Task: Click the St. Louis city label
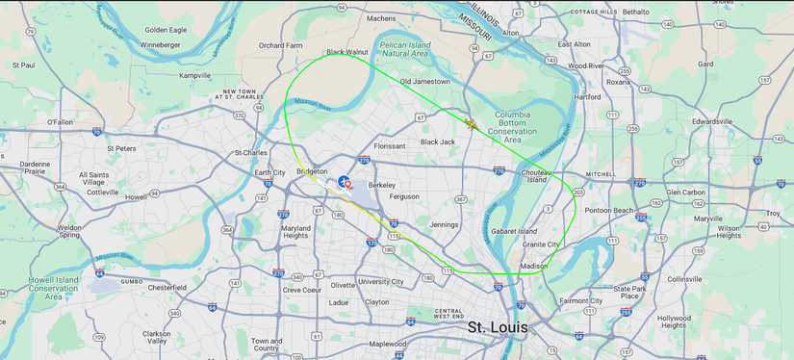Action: pos(497,327)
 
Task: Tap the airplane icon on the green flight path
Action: pos(471,124)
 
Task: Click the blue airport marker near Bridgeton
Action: pos(344,181)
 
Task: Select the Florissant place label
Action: pos(390,146)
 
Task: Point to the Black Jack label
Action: pos(437,141)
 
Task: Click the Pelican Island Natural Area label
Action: pos(404,48)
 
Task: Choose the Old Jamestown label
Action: pos(424,82)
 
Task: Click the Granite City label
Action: pos(541,244)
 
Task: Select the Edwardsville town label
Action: pos(712,121)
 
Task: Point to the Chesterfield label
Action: pos(166,287)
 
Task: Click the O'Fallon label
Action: pos(60,122)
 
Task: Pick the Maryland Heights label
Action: pos(295,232)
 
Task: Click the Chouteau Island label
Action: pos(536,175)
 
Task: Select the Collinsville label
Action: pos(685,279)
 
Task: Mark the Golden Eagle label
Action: pos(166,30)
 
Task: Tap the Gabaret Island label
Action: pos(514,231)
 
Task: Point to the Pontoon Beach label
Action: pos(609,210)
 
